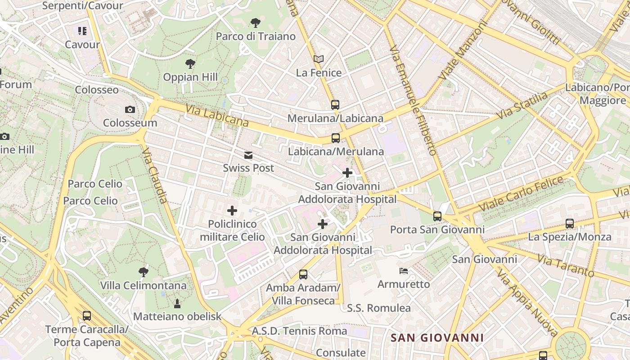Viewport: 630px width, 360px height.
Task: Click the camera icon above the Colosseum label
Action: pos(130,109)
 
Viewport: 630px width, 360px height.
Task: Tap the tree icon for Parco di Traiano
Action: pos(255,23)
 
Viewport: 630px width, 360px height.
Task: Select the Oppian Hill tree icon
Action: pos(190,64)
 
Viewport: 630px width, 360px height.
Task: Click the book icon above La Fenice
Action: pos(319,59)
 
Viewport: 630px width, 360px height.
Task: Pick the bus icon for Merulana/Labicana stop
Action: pos(335,105)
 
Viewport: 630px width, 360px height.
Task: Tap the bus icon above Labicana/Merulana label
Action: pos(336,138)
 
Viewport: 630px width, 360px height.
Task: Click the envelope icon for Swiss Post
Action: pos(248,155)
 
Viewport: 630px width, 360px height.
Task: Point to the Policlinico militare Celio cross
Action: pos(232,211)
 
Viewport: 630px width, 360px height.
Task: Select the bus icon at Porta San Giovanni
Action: pos(437,216)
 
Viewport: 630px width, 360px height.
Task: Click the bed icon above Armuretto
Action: pos(404,271)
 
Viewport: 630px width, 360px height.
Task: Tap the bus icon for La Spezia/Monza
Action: pos(570,223)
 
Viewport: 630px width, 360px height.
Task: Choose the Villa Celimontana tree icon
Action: pos(143,272)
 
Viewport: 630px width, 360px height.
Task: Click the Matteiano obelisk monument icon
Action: pos(177,303)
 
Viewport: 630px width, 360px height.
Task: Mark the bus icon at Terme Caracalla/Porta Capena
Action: pos(87,316)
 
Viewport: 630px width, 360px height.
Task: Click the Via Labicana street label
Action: pos(217,115)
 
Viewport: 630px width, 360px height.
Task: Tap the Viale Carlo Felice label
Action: pos(521,194)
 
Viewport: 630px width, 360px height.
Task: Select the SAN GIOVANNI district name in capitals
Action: pos(437,337)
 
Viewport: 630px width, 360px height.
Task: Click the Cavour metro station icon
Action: pos(82,31)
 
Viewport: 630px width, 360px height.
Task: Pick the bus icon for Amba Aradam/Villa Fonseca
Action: pos(303,274)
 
